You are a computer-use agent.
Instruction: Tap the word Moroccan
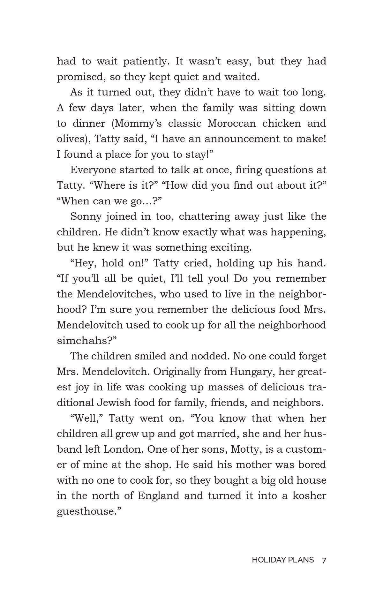pos(232,124)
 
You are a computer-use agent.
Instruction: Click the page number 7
pos(324,560)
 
